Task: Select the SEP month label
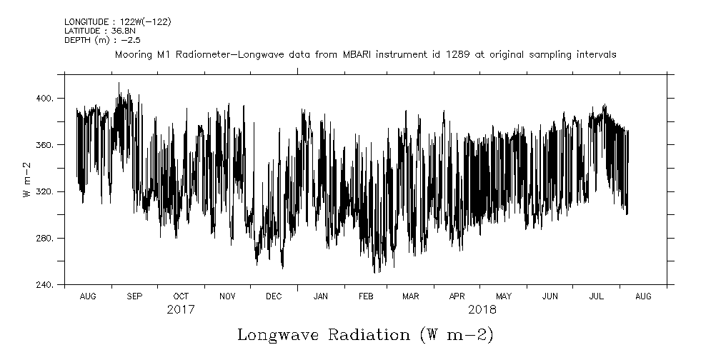134,296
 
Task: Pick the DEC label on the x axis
274,296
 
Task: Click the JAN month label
321,296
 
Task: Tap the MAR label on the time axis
411,296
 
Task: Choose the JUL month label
597,296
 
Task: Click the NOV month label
227,296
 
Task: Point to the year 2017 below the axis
181,310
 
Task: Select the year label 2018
482,310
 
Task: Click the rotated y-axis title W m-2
27,179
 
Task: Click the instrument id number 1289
459,54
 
